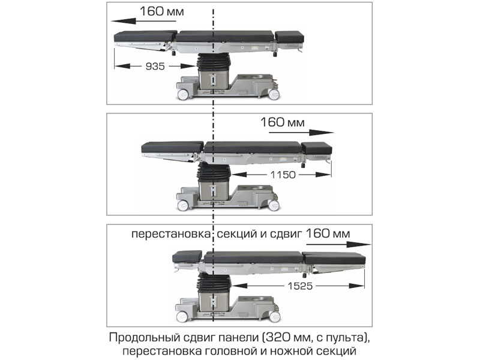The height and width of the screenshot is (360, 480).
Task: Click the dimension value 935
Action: click(155, 66)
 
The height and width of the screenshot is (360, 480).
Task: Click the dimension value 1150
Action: click(283, 175)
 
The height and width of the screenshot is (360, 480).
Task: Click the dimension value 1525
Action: click(301, 286)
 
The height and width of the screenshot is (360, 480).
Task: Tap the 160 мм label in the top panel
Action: click(162, 11)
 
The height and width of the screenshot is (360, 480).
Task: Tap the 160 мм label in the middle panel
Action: click(283, 122)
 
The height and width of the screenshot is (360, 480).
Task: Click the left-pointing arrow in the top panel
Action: click(143, 21)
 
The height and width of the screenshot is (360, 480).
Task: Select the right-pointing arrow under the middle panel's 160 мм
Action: click(301, 133)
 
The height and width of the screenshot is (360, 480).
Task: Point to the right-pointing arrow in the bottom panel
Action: click(338, 244)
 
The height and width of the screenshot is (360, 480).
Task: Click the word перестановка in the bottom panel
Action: click(171, 234)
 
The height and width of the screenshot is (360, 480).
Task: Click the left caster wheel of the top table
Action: click(183, 95)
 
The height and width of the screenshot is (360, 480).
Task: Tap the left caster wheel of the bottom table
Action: click(182, 317)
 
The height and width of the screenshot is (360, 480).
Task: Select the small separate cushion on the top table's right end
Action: click(290, 37)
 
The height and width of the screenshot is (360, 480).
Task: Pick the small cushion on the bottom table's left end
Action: click(187, 257)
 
